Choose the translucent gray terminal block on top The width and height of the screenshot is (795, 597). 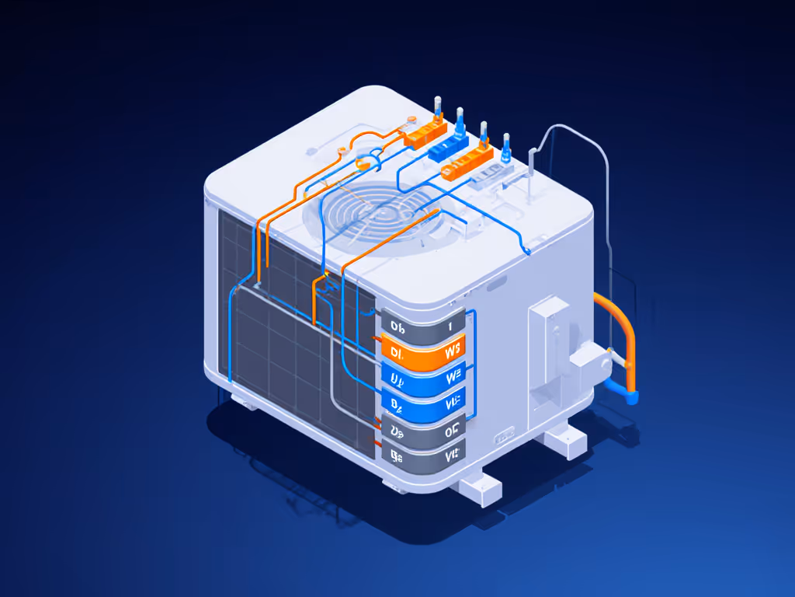pyautogui.click(x=491, y=176)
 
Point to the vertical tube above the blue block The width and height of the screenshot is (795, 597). pyautogui.click(x=460, y=120)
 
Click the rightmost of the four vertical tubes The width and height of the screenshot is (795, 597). pyautogui.click(x=507, y=145)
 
